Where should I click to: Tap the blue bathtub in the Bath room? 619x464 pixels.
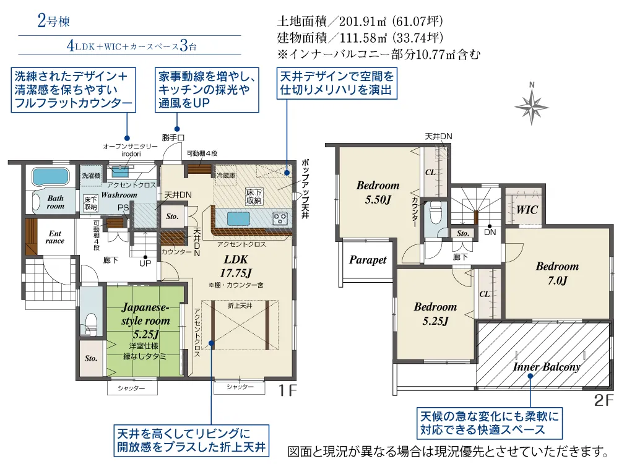(51, 176)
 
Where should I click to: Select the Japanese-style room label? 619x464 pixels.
(145, 320)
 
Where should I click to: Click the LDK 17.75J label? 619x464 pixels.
(236, 266)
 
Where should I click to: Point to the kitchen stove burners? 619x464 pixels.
(280, 218)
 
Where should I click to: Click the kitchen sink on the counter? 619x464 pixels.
(238, 218)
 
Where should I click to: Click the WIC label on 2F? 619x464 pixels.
(527, 210)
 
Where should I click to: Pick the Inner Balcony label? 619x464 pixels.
(547, 367)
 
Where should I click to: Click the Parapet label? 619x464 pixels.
(368, 260)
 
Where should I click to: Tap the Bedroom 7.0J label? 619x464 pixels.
(557, 273)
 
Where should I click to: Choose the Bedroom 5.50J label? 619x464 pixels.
(378, 192)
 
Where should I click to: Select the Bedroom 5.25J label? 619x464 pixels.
(435, 314)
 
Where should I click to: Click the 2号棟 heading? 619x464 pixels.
(53, 20)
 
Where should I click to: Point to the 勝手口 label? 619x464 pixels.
(173, 138)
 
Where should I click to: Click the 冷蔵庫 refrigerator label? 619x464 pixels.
(226, 175)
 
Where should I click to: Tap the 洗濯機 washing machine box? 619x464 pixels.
(91, 176)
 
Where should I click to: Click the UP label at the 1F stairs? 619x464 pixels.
(145, 263)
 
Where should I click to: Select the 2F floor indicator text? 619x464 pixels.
(604, 400)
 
